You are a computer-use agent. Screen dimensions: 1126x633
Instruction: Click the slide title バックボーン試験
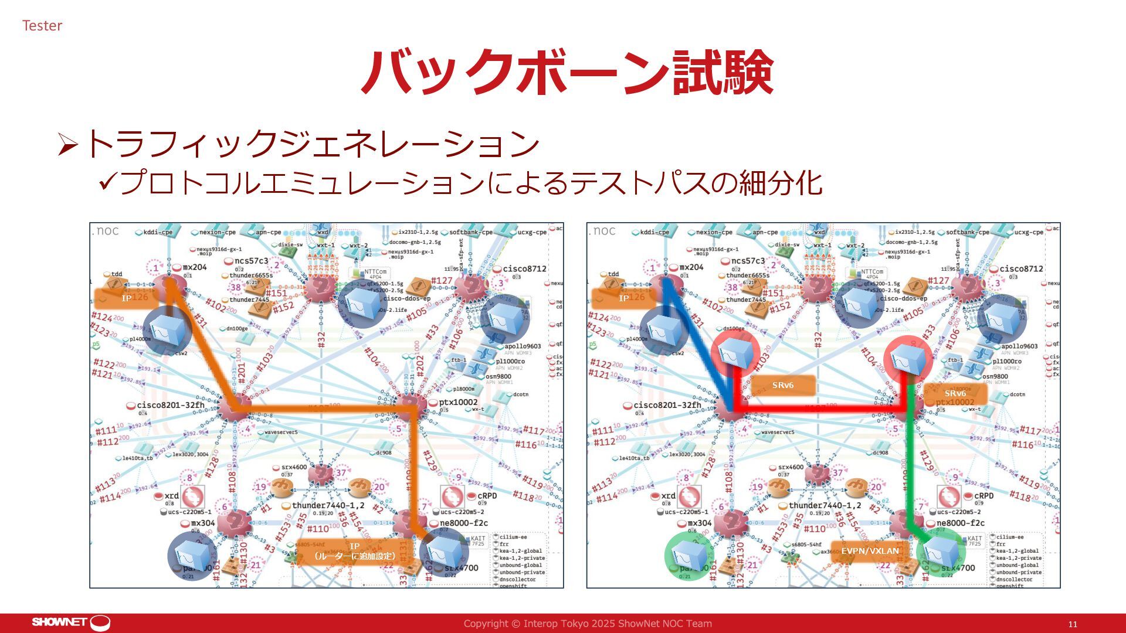tap(567, 73)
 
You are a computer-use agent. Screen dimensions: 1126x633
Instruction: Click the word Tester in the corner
tap(42, 26)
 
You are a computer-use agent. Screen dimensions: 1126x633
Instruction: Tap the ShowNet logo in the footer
tap(71, 622)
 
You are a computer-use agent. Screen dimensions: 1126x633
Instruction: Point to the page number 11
tap(1073, 624)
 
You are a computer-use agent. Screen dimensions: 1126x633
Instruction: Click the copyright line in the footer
tap(588, 624)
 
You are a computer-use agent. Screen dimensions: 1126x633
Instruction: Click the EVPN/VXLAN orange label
tap(870, 551)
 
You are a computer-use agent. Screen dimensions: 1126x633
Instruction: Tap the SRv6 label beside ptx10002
tap(955, 393)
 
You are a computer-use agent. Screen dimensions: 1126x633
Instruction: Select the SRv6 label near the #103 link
tap(782, 385)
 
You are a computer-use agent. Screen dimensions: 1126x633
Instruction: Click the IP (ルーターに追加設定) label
tap(354, 551)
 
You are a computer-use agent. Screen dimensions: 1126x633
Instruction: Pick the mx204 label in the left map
tap(195, 267)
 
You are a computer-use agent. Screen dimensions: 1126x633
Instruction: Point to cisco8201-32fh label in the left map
tap(170, 405)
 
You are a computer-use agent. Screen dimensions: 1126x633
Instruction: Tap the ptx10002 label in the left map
tap(458, 403)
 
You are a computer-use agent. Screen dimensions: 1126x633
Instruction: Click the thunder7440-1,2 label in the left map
tap(328, 505)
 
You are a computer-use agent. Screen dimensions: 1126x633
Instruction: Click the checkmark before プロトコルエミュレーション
tap(108, 182)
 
